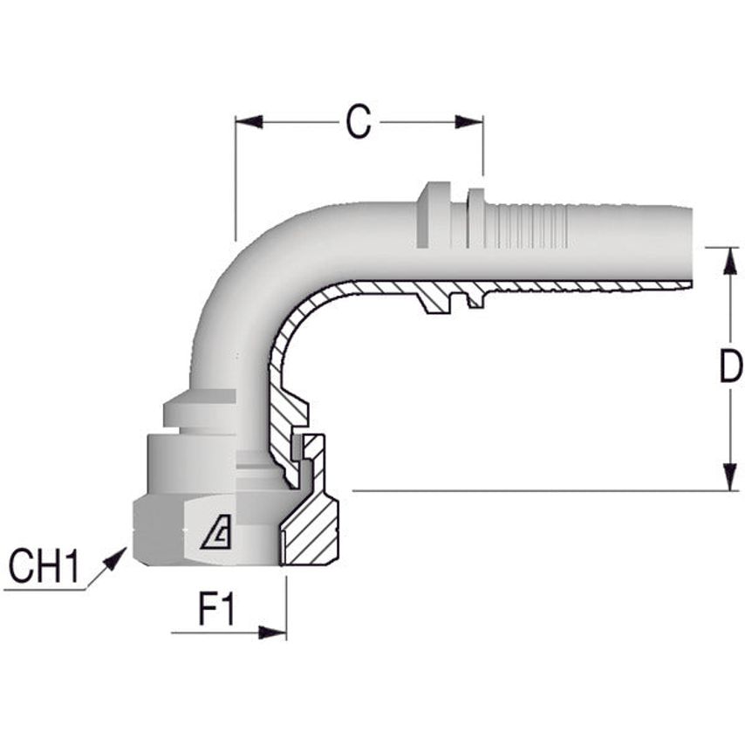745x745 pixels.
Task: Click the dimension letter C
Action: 358,123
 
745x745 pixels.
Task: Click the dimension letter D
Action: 729,369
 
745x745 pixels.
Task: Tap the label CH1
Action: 44,568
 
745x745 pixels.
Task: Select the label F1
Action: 217,610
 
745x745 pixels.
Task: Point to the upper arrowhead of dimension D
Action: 729,260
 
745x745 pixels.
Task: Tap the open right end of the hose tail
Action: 689,246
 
